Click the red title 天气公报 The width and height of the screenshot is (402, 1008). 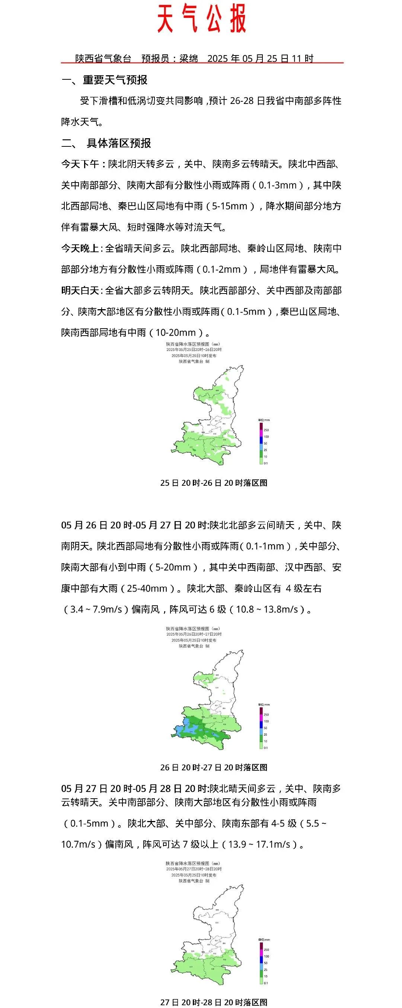(201, 19)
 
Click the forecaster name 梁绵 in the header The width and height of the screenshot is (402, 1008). (189, 59)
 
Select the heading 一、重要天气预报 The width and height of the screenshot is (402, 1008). (105, 80)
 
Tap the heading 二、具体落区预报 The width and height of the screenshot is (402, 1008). (106, 143)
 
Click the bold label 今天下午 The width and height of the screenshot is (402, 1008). (80, 164)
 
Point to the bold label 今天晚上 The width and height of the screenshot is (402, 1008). (80, 248)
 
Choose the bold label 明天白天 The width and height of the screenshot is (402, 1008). (80, 290)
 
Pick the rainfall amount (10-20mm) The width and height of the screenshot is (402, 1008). (176, 333)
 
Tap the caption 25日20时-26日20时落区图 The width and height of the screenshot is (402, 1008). (214, 483)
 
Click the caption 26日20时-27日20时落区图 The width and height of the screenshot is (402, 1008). (214, 767)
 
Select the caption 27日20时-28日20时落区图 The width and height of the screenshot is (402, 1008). (214, 1002)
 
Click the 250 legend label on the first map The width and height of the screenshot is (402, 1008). (266, 430)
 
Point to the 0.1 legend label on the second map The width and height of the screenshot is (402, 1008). (266, 748)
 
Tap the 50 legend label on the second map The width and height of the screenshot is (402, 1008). (265, 728)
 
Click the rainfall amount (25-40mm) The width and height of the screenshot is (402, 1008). (148, 588)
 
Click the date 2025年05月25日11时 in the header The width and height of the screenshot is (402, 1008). (261, 59)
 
